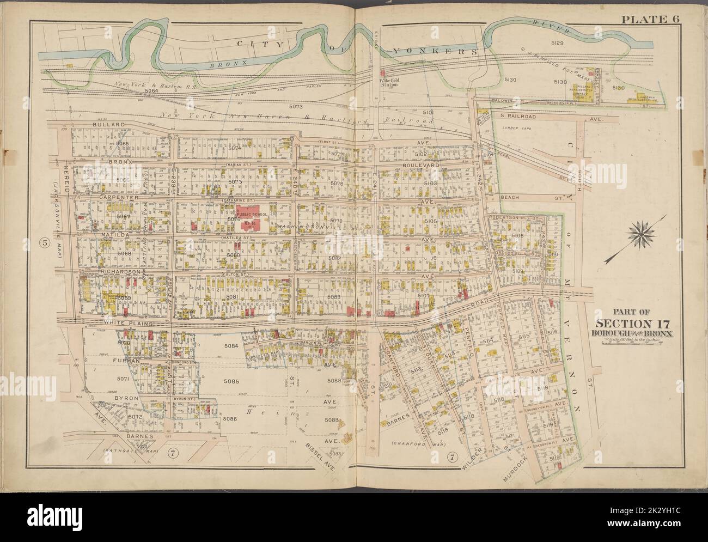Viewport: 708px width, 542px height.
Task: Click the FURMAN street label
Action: coord(128,360)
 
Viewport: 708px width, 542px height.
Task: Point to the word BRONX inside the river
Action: coord(224,64)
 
